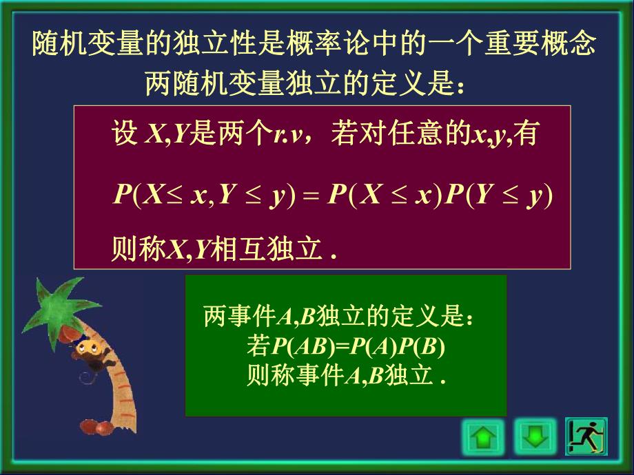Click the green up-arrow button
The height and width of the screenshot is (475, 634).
[x=482, y=436]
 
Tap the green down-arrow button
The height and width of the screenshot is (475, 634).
[x=535, y=436]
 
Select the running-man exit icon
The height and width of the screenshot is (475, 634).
[x=586, y=436]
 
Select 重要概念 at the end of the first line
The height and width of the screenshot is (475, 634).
[x=548, y=45]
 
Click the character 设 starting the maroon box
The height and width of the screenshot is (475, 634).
[x=125, y=134]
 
